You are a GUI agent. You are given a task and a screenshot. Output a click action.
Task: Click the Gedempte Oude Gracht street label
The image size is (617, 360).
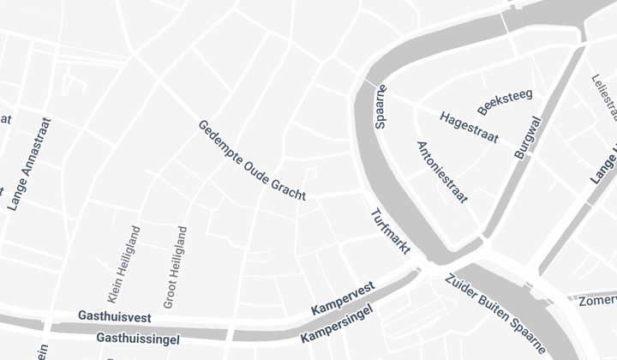click(x=252, y=160)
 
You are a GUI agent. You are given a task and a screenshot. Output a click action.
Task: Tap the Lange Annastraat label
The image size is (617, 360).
click(x=29, y=165)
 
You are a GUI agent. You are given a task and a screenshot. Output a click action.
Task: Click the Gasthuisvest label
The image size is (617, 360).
click(x=114, y=316)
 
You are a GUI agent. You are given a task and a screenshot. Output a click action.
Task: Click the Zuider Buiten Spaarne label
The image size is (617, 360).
click(x=494, y=312)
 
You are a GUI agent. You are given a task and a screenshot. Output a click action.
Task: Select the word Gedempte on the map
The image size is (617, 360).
click(x=219, y=139)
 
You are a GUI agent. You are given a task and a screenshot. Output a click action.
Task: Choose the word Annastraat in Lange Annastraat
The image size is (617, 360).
click(x=36, y=149)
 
